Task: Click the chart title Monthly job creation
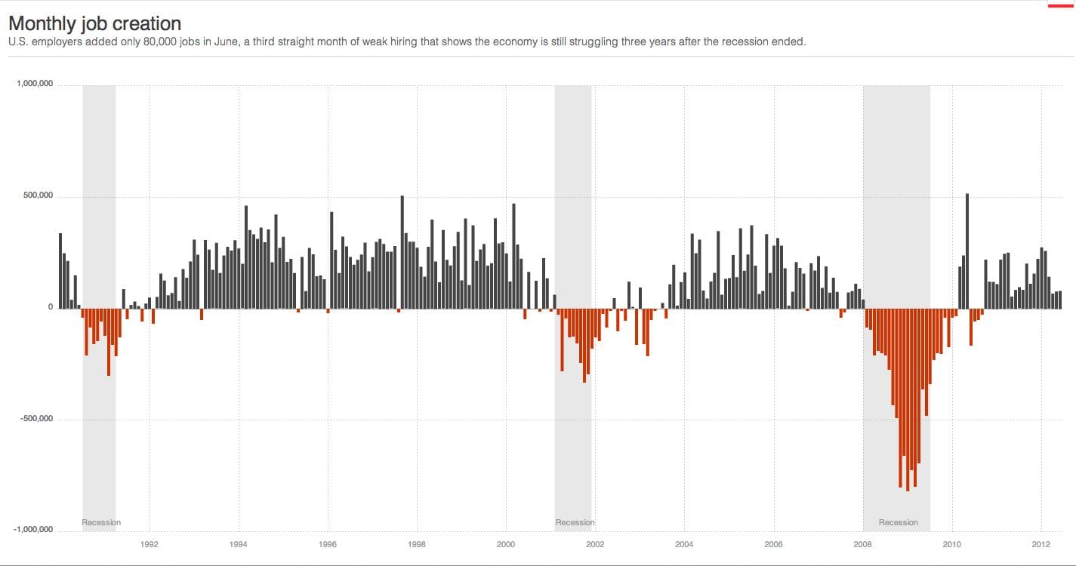pos(94,23)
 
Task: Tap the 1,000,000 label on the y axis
pos(35,84)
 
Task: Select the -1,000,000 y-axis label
pos(33,530)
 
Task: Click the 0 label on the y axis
pos(51,307)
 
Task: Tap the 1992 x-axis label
pos(150,544)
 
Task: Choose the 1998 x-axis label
pos(417,544)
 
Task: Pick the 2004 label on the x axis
pos(684,544)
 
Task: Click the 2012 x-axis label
pos(1041,544)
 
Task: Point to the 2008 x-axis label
pos(862,544)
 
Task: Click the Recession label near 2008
pos(898,522)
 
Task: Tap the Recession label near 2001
pos(575,522)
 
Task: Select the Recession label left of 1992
pos(101,522)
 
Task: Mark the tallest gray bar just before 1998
pos(402,252)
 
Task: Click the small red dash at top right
pos(1059,6)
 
